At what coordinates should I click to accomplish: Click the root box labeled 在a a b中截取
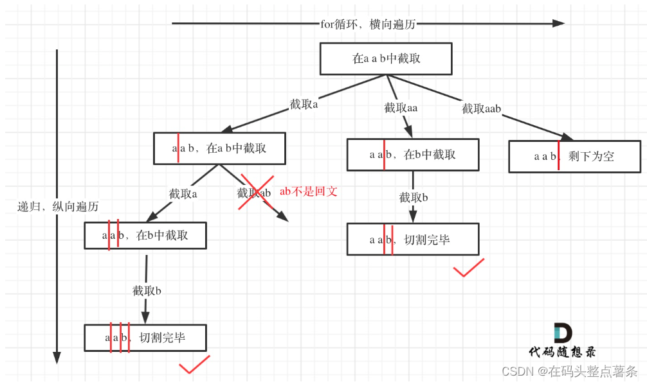coord(386,58)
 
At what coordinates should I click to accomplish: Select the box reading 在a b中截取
coord(219,148)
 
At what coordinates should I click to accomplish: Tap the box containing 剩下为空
coord(574,156)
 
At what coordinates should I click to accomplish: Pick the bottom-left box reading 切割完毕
coord(145,338)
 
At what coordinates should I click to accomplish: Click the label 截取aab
coord(481,109)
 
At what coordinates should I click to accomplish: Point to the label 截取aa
coord(401,108)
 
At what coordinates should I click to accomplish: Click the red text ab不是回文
coord(308,191)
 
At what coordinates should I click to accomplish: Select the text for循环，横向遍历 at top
coord(368,24)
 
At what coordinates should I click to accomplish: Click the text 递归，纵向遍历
coord(58,207)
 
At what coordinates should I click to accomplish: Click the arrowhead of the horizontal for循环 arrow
coord(558,24)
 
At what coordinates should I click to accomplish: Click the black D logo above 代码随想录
coord(561,333)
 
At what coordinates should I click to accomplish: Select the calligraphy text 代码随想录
coord(561,352)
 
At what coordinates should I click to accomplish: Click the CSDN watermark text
coord(569,371)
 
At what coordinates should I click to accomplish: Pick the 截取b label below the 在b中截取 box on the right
coord(413,197)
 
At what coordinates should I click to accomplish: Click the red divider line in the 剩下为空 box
coord(558,157)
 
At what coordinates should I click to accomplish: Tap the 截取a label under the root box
coord(304,105)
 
